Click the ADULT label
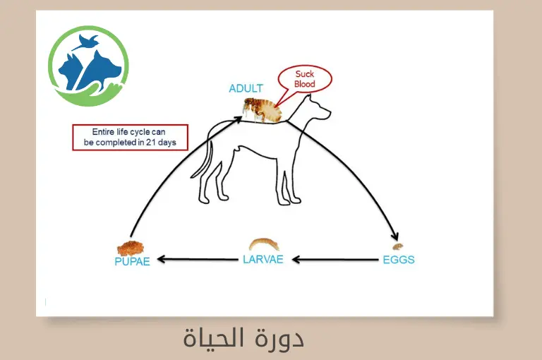click(246, 89)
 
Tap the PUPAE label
click(132, 262)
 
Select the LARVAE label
click(263, 259)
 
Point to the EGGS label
click(398, 260)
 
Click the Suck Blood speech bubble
click(304, 79)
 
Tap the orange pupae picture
click(131, 248)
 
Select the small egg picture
click(398, 247)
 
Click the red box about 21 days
click(130, 137)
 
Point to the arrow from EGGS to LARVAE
click(335, 260)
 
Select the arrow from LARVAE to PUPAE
click(198, 260)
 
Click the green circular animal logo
click(88, 61)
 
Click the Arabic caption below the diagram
click(243, 338)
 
